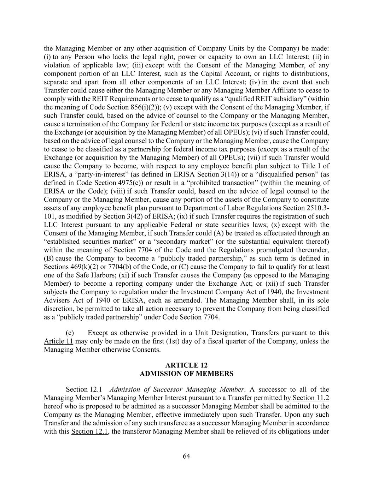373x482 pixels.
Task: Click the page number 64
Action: click(186, 456)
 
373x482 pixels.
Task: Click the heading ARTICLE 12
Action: click(186, 365)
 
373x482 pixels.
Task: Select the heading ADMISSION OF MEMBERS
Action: click(186, 374)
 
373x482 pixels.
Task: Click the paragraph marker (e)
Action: click(70, 333)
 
